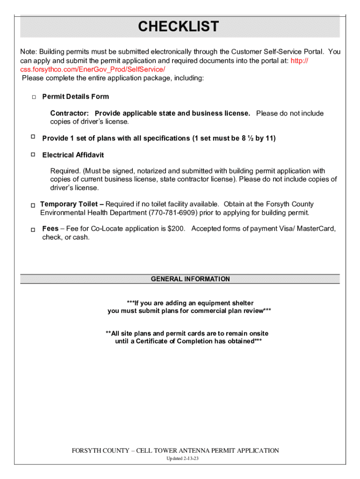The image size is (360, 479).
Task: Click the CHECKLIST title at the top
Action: tap(178, 27)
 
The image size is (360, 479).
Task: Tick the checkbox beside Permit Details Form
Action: tap(34, 97)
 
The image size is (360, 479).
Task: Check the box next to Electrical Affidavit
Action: tap(33, 154)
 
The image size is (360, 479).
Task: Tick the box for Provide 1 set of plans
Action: tap(33, 137)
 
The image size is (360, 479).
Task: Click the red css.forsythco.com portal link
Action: tap(93, 69)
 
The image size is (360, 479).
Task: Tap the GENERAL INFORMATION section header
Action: tap(190, 279)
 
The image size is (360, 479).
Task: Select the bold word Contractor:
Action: tap(70, 114)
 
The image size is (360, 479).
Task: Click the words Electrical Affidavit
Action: tap(73, 155)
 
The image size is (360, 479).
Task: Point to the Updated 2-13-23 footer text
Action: tap(183, 458)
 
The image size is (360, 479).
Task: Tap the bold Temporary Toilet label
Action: tap(69, 204)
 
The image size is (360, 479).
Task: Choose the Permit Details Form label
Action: tap(75, 97)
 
